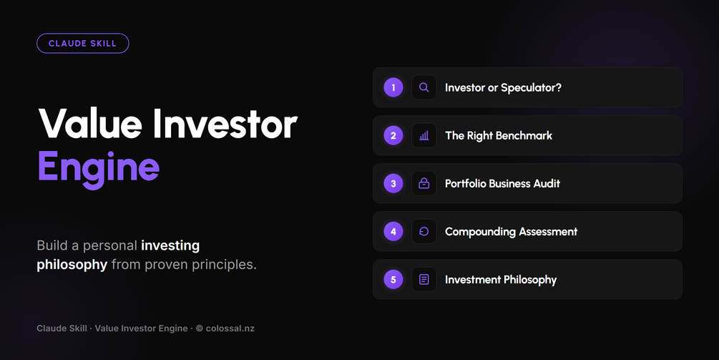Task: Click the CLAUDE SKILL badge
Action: pyautogui.click(x=83, y=44)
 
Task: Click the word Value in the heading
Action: pyautogui.click(x=90, y=124)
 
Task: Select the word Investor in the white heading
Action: pyautogui.click(x=225, y=124)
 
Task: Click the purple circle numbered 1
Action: pyautogui.click(x=393, y=87)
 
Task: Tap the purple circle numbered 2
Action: pyautogui.click(x=393, y=136)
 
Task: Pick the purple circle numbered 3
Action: pyautogui.click(x=393, y=183)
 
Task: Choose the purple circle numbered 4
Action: pyautogui.click(x=393, y=232)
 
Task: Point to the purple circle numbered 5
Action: pyautogui.click(x=393, y=279)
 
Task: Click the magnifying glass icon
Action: pyautogui.click(x=424, y=87)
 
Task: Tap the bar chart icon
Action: pyautogui.click(x=424, y=136)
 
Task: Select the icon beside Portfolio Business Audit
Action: pyautogui.click(x=424, y=183)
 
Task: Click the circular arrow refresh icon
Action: pyautogui.click(x=424, y=232)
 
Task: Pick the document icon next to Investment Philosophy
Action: pyautogui.click(x=424, y=279)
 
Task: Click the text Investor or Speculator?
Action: pyautogui.click(x=503, y=88)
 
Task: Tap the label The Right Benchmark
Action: pyautogui.click(x=499, y=136)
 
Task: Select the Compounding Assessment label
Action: pyautogui.click(x=511, y=232)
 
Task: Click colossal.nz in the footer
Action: pyautogui.click(x=230, y=329)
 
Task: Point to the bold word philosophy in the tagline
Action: pyautogui.click(x=72, y=265)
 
